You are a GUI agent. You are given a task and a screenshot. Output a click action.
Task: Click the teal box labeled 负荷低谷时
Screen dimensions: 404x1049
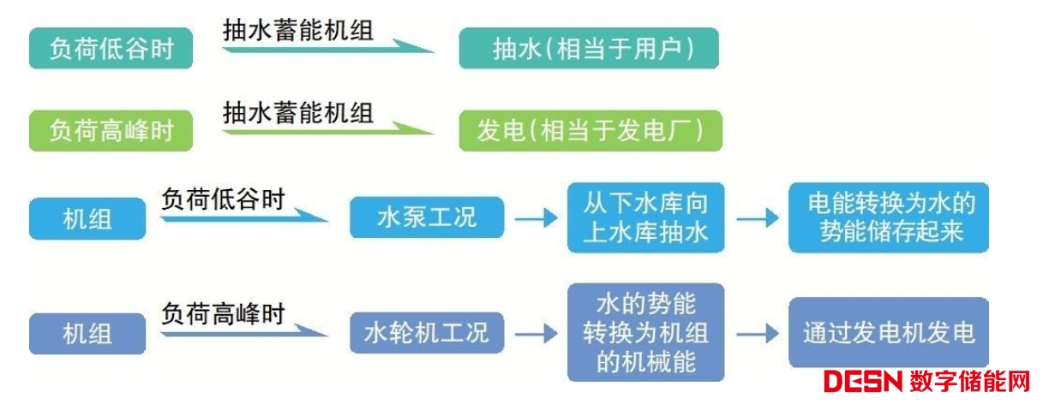[111, 49]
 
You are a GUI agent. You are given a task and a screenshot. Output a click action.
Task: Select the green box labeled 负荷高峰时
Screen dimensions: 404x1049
[111, 131]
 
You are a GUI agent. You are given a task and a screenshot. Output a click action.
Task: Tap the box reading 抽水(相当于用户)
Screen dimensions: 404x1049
[589, 49]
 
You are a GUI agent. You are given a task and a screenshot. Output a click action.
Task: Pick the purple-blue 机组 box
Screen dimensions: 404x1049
[87, 332]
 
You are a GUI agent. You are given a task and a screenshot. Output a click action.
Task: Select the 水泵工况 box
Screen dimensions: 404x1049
[426, 217]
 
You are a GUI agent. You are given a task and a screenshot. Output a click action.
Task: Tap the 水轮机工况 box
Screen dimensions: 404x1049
[426, 332]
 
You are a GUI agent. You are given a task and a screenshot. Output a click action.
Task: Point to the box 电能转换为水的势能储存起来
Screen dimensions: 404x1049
[888, 217]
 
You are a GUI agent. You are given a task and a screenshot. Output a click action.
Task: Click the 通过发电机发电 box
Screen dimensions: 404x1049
[888, 332]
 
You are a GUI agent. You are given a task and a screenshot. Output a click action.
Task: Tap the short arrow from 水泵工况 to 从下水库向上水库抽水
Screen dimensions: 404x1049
[536, 218]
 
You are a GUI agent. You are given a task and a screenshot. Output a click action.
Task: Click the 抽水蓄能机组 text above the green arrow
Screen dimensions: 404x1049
[298, 111]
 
